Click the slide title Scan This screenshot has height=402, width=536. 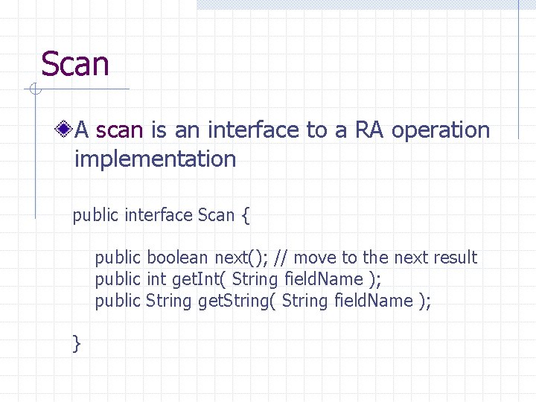(75, 64)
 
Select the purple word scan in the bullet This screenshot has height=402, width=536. (119, 130)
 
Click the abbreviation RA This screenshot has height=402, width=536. (369, 130)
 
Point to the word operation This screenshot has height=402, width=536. (441, 131)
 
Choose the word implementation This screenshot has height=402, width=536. (155, 159)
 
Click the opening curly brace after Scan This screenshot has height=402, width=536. (246, 216)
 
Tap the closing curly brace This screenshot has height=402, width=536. (77, 343)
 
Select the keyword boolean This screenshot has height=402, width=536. (177, 258)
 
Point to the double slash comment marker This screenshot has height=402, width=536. (281, 258)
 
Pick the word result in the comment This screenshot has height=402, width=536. (455, 258)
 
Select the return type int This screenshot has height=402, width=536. (156, 279)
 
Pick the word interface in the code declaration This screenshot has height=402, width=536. (159, 216)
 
